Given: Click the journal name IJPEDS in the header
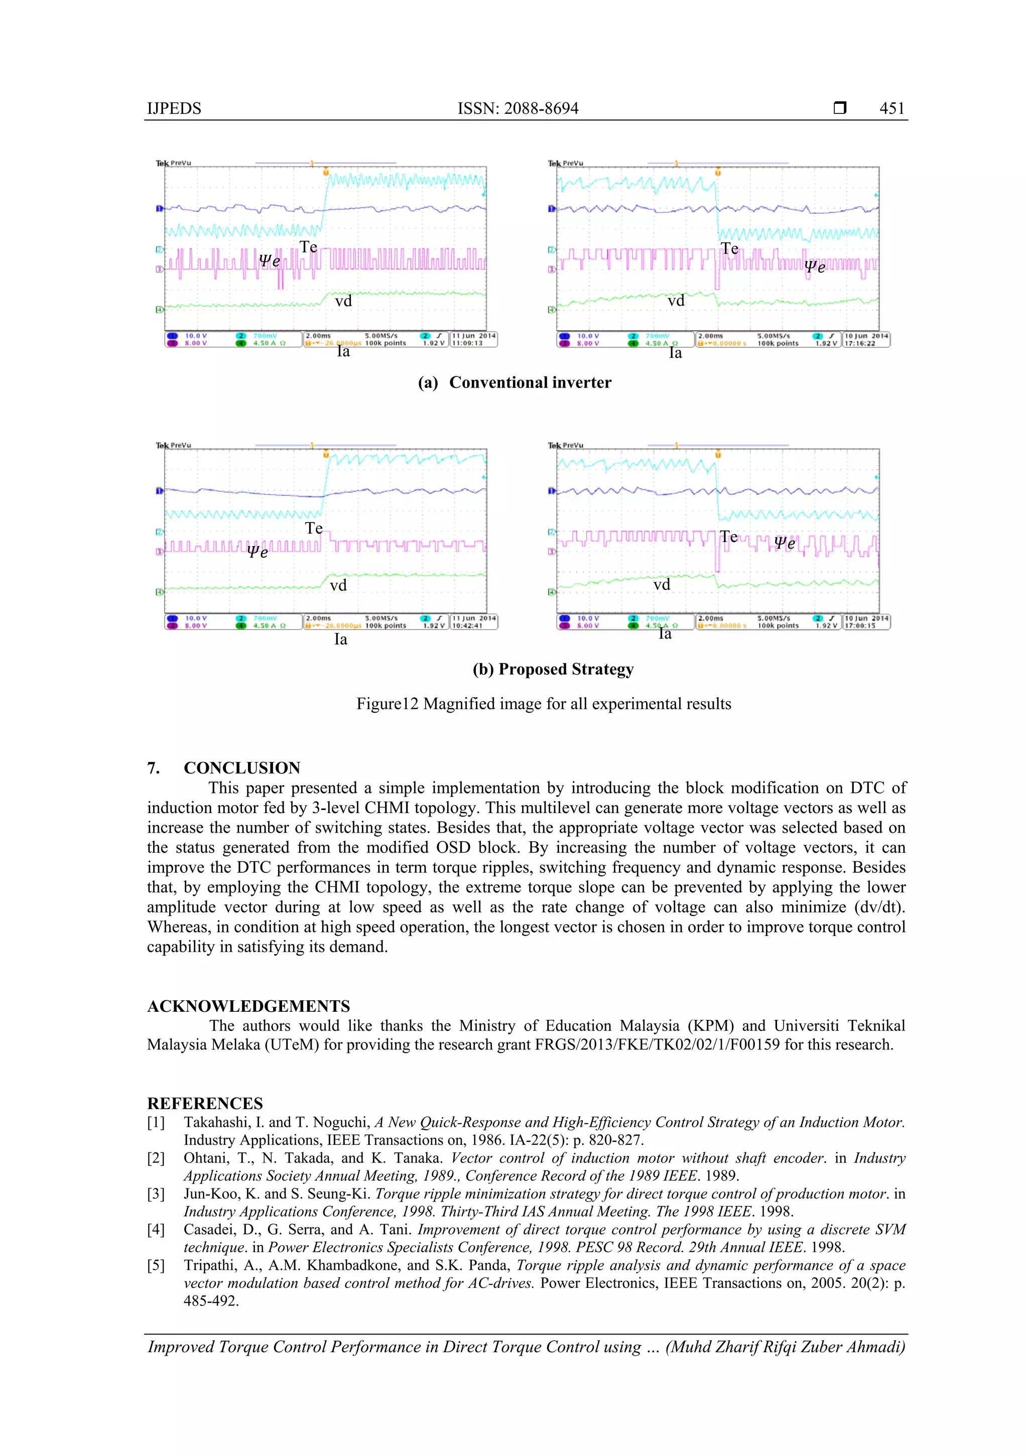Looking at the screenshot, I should [x=174, y=108].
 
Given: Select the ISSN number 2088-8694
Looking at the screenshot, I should [x=541, y=108].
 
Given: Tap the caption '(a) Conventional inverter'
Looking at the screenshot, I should [x=515, y=382].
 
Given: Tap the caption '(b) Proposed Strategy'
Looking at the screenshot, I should [x=553, y=670].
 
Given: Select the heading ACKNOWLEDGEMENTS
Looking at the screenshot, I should [x=248, y=1006].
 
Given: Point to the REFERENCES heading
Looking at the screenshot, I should [x=205, y=1103].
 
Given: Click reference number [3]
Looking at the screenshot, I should [x=156, y=1194].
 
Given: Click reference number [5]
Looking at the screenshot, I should [x=156, y=1265].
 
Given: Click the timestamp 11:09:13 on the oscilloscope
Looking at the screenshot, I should [x=467, y=343].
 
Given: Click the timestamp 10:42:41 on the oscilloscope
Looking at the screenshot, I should [x=467, y=626].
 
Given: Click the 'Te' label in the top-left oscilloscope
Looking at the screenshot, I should [x=309, y=247].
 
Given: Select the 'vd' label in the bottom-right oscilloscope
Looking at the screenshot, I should [x=662, y=585].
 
